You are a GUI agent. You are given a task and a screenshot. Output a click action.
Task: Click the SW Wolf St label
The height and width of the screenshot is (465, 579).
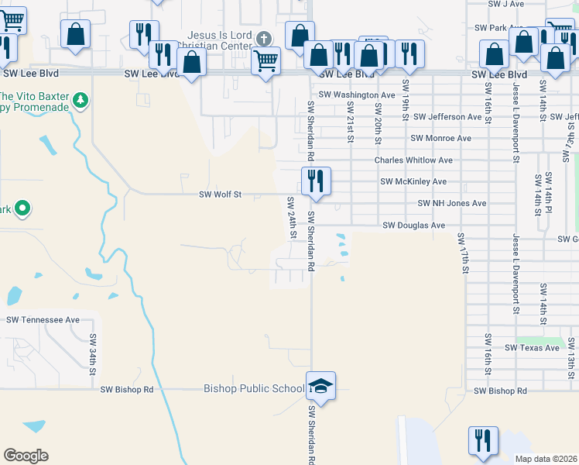[x=221, y=195]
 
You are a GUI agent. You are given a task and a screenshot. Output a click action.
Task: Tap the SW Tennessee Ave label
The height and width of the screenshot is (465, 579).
[x=43, y=319]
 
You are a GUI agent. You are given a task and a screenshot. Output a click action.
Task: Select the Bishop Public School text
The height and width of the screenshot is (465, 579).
[x=254, y=388]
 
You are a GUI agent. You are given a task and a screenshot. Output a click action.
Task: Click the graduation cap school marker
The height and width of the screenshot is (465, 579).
[x=320, y=384]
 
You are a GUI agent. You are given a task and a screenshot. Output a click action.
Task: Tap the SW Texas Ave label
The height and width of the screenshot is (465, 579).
[x=532, y=348]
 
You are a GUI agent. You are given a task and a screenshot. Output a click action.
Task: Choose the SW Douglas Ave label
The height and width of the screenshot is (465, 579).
[x=414, y=226]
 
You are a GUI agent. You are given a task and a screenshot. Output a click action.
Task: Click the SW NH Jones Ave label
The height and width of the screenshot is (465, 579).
[x=451, y=203]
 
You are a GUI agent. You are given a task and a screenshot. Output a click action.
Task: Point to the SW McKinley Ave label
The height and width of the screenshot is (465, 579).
[x=413, y=181]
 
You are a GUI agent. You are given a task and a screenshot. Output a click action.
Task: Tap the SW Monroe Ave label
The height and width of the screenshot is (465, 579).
[x=440, y=138]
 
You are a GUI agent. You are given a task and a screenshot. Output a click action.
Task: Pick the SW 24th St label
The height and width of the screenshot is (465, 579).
[x=292, y=218]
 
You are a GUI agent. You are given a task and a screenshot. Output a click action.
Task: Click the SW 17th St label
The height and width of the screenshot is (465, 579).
[x=465, y=253]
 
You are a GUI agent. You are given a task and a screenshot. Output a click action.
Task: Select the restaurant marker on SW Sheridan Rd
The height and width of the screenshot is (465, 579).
[x=316, y=181]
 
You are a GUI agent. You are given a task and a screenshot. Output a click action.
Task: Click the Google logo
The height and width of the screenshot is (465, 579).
[x=26, y=456]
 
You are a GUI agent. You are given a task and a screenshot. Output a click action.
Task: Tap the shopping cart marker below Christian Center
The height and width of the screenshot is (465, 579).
[x=266, y=59]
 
